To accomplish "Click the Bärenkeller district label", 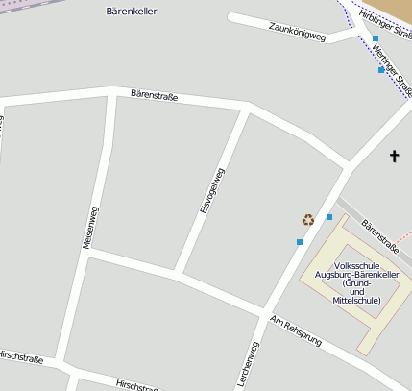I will click(x=131, y=12).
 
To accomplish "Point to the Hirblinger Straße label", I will click(x=381, y=18).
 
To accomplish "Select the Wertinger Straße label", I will click(x=393, y=69).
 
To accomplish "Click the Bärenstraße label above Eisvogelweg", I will click(x=155, y=94).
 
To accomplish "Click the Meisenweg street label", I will click(x=89, y=227).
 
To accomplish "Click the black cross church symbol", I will click(x=394, y=156).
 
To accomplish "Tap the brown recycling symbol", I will click(x=308, y=220).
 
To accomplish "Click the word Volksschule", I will click(x=357, y=264).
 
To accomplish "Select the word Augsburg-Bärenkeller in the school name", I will click(x=357, y=274).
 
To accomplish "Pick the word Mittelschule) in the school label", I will click(x=356, y=301).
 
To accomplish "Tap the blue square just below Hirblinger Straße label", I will click(x=376, y=39).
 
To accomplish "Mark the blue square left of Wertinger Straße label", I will click(x=381, y=70).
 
